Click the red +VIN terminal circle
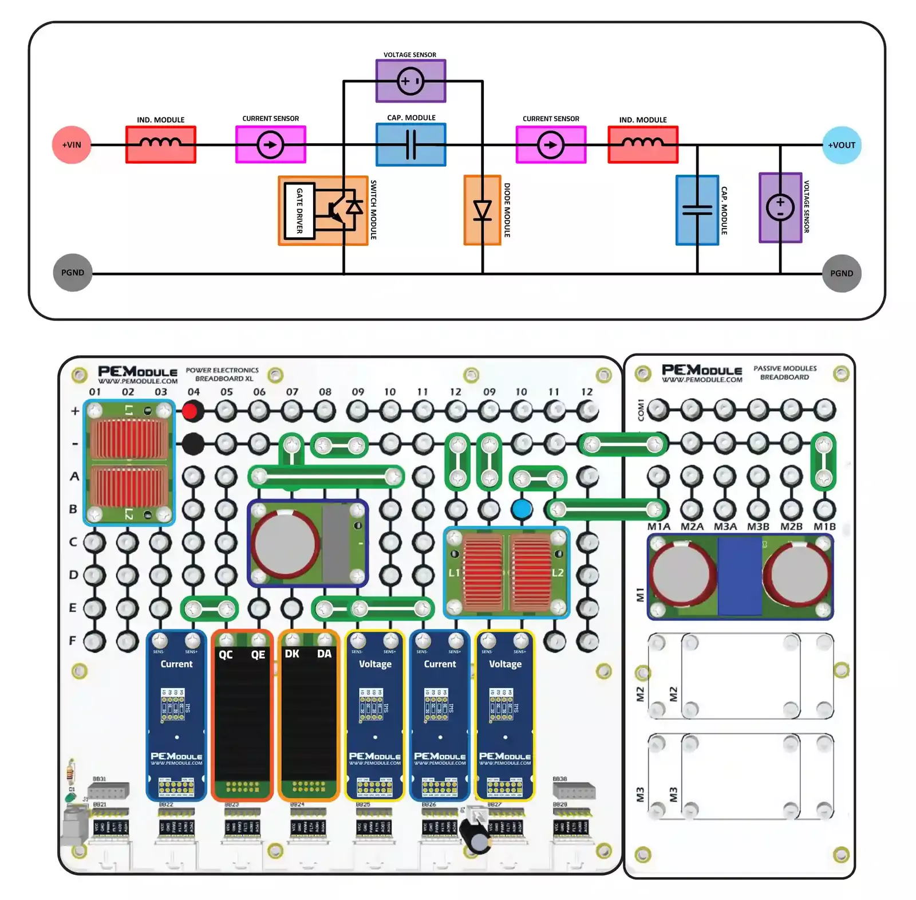point(72,145)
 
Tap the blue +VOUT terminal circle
point(841,145)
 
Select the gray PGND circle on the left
point(73,273)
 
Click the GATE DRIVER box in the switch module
point(299,211)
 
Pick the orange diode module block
point(482,210)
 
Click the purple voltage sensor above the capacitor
point(410,81)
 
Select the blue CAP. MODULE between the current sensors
point(410,144)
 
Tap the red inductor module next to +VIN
point(161,144)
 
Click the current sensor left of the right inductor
point(551,144)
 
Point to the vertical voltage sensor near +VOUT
point(780,207)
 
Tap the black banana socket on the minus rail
point(193,443)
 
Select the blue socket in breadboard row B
point(522,509)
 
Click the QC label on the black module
point(226,654)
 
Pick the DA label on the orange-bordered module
point(324,654)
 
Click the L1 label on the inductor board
point(454,573)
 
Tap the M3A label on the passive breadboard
point(725,526)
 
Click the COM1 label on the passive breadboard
point(641,410)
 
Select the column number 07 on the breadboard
point(292,392)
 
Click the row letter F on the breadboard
point(73,640)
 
